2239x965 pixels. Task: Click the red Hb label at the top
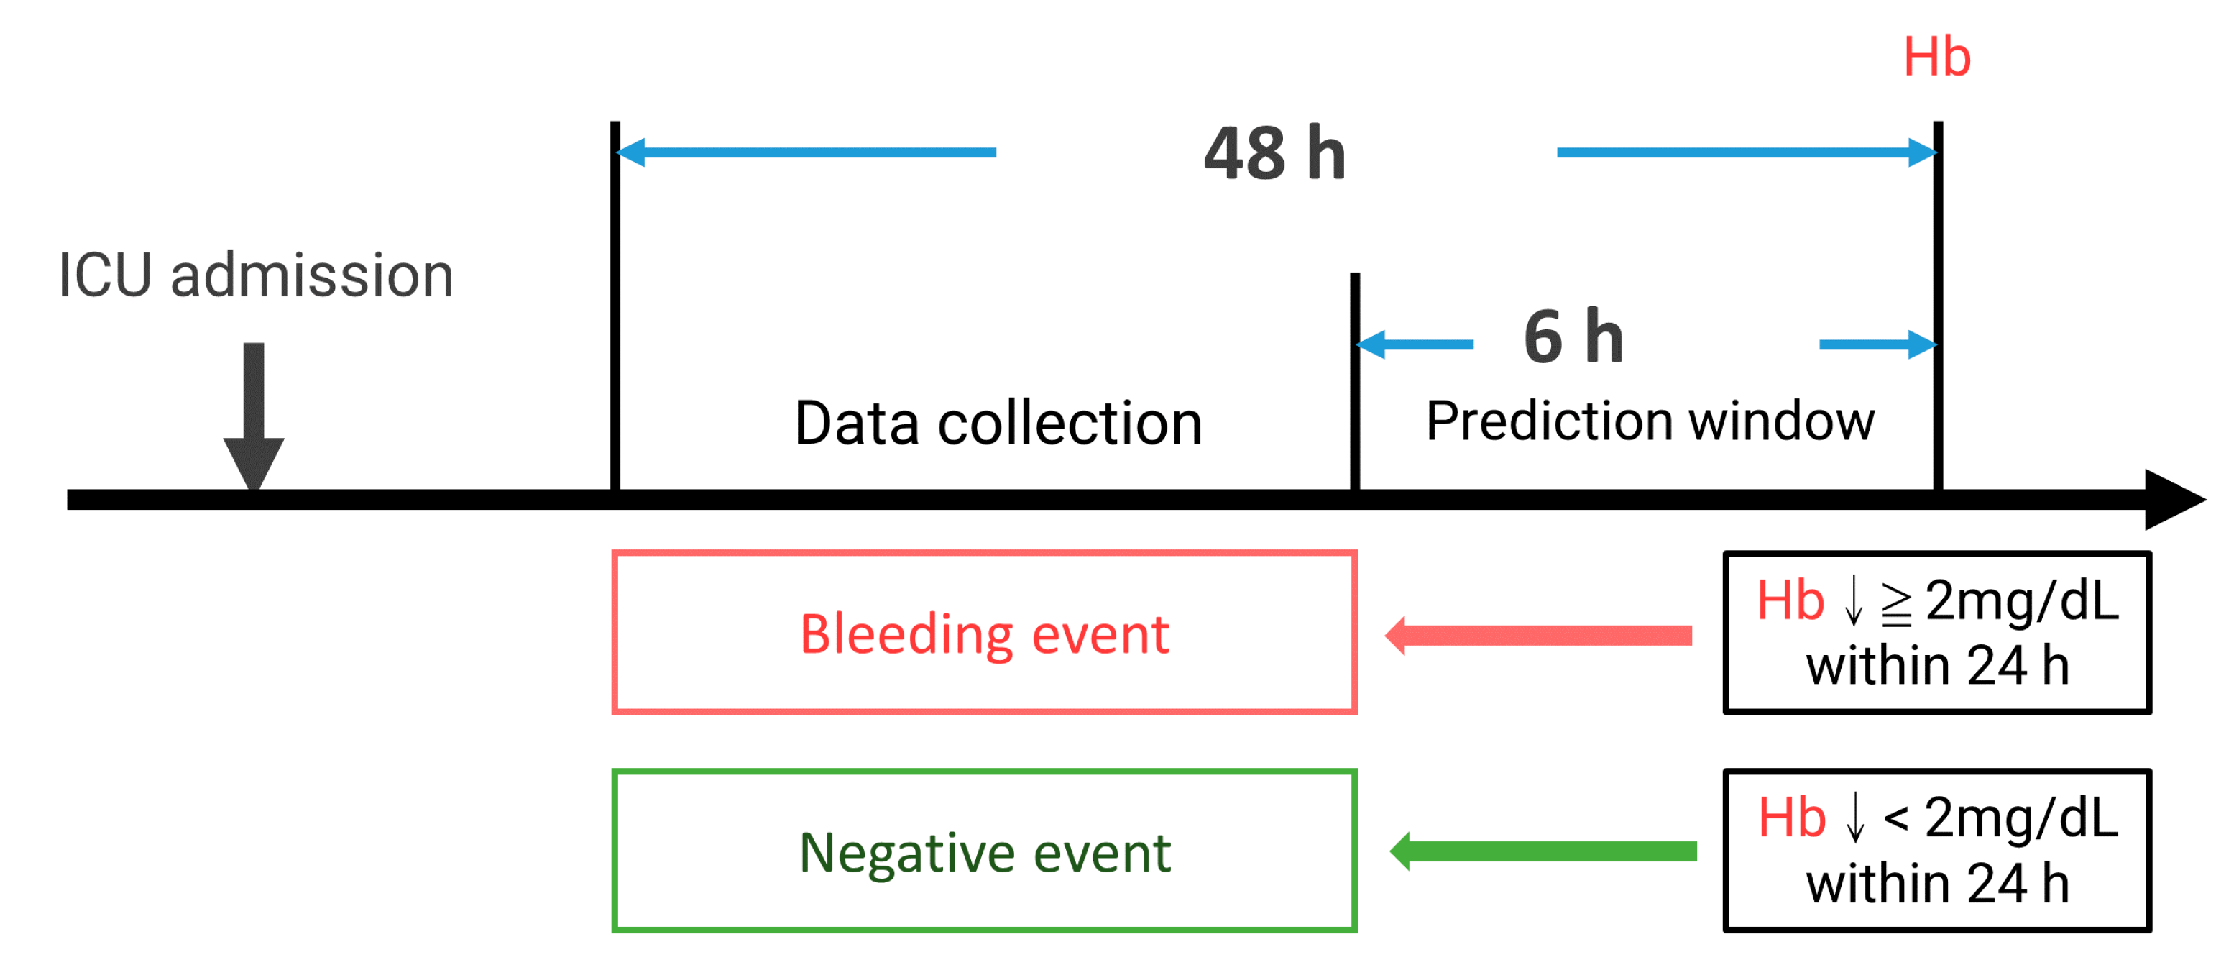1936,58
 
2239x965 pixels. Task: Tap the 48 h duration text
1275,154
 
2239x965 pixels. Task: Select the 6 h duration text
1574,337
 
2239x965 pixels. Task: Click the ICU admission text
256,275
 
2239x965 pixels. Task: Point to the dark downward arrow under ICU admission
254,417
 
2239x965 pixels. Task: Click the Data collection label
998,424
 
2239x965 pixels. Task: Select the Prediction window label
1650,421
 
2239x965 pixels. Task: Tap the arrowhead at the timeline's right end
2173,499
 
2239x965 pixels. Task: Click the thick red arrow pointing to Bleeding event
1538,636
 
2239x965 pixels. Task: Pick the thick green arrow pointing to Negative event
1543,851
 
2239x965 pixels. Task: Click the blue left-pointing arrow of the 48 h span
806,152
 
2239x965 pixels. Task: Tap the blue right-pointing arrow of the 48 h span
1747,152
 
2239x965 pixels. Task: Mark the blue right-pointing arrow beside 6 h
1877,344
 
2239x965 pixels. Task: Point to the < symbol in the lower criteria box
1895,819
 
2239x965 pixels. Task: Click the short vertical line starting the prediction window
1355,383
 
